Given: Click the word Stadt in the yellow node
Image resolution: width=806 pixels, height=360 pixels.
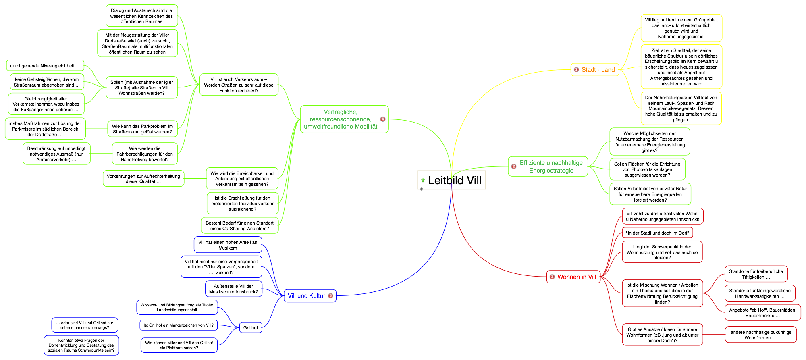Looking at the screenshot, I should tap(588, 70).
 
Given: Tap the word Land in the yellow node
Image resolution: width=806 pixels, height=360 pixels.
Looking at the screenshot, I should tap(608, 70).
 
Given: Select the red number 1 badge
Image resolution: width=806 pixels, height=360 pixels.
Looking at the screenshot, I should tap(576, 69).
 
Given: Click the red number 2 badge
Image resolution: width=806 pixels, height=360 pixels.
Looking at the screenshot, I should tap(514, 166).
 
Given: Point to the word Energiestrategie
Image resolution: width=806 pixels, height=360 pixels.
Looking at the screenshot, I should tap(551, 171).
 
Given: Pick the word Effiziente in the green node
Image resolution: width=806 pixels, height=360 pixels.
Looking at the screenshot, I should tap(532, 163).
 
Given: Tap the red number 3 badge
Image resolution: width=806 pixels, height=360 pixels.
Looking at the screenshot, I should tap(552, 277).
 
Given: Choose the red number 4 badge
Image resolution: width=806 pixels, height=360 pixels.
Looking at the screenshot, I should tap(383, 119).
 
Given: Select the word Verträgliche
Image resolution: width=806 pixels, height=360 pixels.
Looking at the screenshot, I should tap(341, 112).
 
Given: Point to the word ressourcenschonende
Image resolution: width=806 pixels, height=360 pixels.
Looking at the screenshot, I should tap(340, 119).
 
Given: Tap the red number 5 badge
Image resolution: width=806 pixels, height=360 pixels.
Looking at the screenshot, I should tap(330, 295).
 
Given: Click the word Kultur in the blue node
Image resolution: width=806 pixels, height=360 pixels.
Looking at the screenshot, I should tap(317, 296).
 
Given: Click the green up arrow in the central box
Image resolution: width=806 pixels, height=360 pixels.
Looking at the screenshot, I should tap(423, 180).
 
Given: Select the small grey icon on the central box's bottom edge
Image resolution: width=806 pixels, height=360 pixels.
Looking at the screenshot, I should tap(422, 189).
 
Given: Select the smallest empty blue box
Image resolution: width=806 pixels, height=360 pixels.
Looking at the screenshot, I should tap(251, 327).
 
